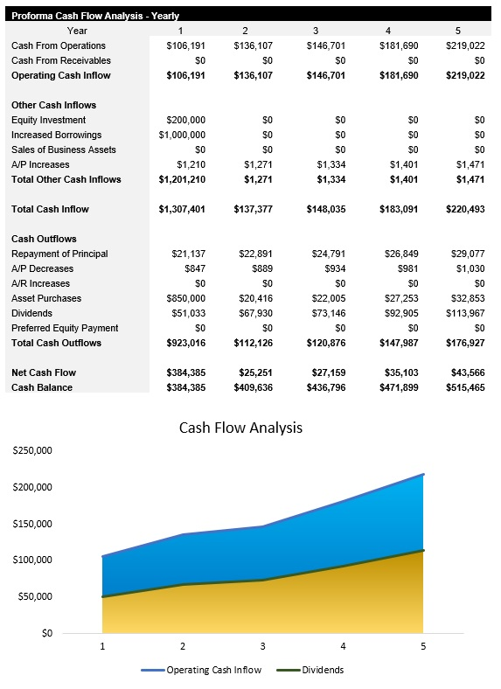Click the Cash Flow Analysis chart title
click(x=240, y=428)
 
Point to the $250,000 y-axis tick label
click(x=32, y=450)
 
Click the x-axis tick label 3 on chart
click(x=263, y=647)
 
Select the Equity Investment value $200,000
click(x=185, y=120)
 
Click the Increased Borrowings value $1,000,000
click(x=182, y=135)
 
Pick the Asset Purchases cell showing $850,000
click(x=185, y=298)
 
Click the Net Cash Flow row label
click(x=44, y=372)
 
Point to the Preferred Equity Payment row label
click(x=65, y=328)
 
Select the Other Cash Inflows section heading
click(x=53, y=105)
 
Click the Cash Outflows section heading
click(x=44, y=239)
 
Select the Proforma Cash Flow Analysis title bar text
click(x=95, y=15)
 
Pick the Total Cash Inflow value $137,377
click(x=253, y=209)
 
